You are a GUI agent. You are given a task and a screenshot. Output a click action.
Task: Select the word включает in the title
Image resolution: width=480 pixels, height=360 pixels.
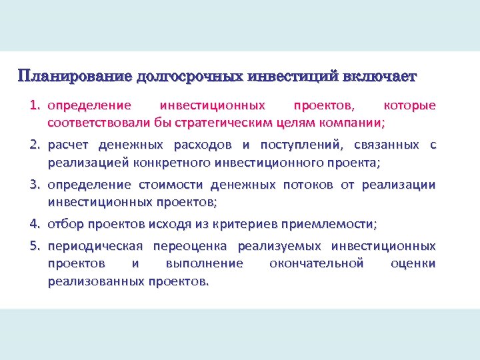click(x=379, y=76)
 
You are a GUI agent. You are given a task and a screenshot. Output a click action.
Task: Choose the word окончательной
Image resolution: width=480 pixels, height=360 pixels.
click(x=317, y=263)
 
